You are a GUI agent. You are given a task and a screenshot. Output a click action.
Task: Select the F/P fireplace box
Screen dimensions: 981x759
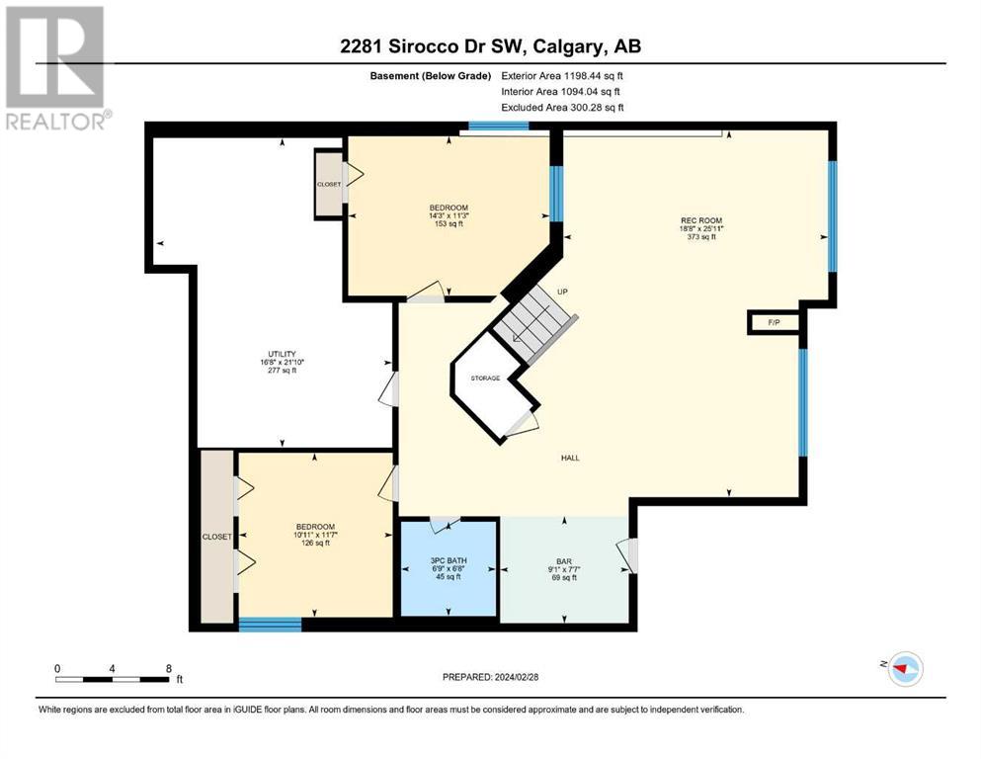pyautogui.click(x=774, y=322)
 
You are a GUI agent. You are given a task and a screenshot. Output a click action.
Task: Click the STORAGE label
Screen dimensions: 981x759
pyautogui.click(x=485, y=378)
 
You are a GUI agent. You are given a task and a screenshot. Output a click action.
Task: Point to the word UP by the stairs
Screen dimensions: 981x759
pyautogui.click(x=562, y=292)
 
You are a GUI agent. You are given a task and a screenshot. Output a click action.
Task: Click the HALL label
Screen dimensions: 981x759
pyautogui.click(x=570, y=458)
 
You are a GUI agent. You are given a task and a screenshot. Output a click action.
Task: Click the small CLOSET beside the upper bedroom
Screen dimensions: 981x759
pyautogui.click(x=329, y=185)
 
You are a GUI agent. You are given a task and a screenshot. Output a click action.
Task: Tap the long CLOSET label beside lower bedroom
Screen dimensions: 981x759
pyautogui.click(x=217, y=537)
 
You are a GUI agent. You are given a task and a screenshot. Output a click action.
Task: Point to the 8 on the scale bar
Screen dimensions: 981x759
pyautogui.click(x=169, y=669)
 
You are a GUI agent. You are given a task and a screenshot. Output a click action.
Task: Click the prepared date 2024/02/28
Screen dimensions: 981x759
pyautogui.click(x=516, y=677)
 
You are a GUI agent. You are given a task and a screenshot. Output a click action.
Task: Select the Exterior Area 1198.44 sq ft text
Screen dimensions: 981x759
pyautogui.click(x=562, y=76)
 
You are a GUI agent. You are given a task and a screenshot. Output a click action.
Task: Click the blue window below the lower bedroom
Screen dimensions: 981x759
pyautogui.click(x=271, y=624)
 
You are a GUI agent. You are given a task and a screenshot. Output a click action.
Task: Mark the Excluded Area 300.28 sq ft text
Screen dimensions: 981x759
pyautogui.click(x=563, y=108)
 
